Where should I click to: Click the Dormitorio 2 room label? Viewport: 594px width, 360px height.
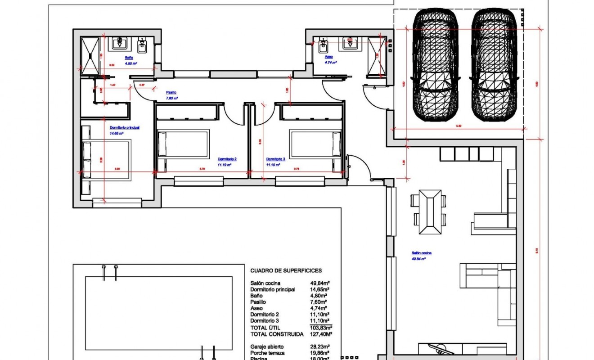pos(227,159)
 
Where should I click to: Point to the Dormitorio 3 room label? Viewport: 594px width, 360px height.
pos(276,159)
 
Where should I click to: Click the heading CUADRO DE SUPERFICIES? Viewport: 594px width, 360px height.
pos(286,270)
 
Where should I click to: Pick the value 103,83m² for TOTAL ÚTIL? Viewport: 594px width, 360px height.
pos(321,328)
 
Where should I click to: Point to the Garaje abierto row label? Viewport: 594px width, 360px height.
pos(267,347)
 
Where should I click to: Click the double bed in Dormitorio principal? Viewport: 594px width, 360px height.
pos(107,159)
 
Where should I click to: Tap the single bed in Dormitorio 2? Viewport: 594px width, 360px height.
pos(184,144)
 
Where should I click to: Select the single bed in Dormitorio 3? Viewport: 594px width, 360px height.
pos(315,144)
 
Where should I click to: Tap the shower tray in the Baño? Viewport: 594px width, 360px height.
pos(90,55)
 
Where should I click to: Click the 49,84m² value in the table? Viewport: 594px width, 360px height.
pos(320,283)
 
